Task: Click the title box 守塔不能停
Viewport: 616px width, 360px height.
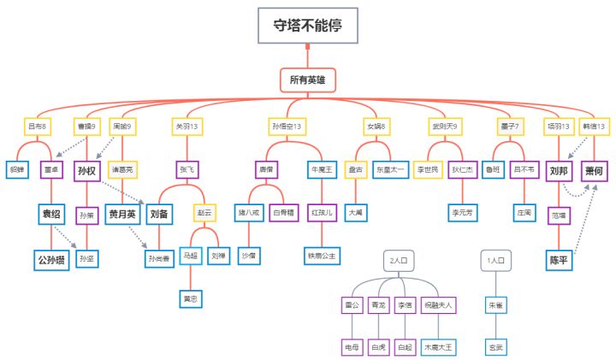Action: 308,26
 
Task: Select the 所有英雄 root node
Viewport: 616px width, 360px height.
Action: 307,80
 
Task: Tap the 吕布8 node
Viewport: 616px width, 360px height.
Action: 37,127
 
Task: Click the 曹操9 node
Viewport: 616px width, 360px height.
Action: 86,127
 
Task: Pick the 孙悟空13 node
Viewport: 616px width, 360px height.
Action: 286,127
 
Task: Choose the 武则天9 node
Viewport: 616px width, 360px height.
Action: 443,127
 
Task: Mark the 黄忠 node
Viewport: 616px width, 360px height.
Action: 190,298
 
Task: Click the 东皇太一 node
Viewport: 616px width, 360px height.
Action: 390,169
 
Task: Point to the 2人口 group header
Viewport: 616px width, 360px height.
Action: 400,260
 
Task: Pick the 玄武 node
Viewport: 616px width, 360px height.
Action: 495,347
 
